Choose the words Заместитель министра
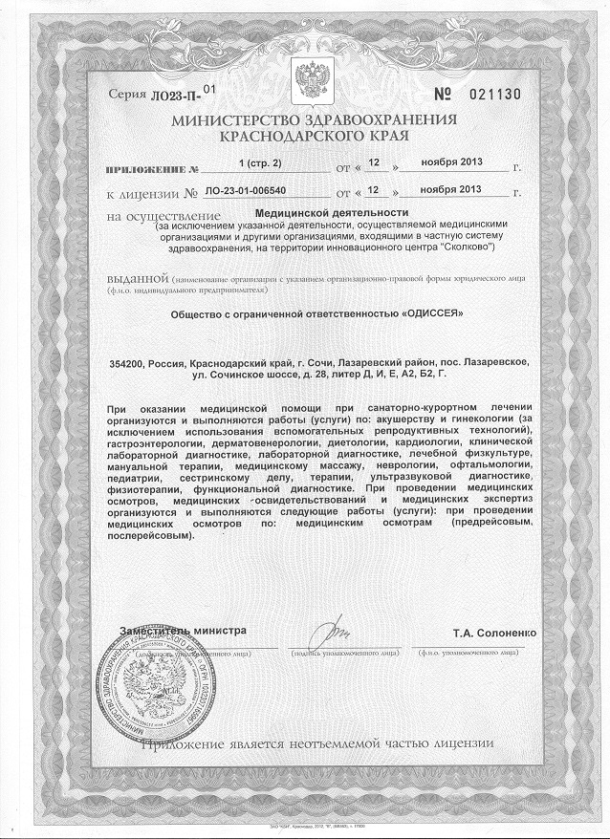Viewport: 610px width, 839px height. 183,631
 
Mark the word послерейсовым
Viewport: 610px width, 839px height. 155,535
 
